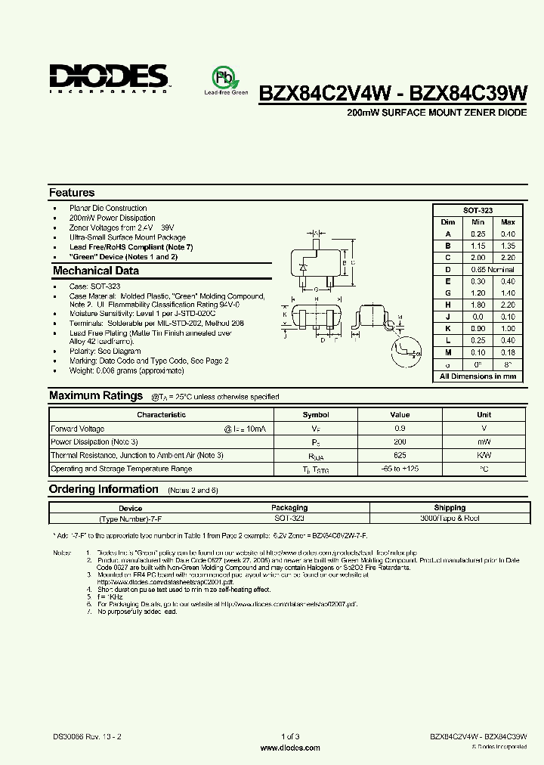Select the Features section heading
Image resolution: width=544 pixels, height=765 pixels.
coord(72,193)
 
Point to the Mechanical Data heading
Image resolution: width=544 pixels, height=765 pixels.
coord(96,271)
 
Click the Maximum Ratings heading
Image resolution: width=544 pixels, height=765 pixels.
coord(96,395)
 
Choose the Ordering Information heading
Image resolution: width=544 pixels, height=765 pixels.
coord(104,489)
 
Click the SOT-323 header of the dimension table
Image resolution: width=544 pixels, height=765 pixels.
coord(478,210)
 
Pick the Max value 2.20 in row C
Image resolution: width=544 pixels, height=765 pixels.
coord(508,257)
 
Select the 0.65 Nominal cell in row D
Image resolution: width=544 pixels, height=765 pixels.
coord(492,269)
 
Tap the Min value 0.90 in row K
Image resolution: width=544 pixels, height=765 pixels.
coord(478,329)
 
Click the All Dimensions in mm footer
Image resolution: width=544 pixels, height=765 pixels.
coord(478,376)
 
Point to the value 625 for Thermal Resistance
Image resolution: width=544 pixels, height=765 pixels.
coord(400,455)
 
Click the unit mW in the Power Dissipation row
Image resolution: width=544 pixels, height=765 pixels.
coord(484,441)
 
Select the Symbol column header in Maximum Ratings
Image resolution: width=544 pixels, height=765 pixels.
coord(316,414)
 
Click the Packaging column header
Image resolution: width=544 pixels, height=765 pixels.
coord(289,508)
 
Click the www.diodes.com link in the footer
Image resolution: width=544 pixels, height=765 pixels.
coord(289,748)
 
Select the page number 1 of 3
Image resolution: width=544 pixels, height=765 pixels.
coord(289,736)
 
